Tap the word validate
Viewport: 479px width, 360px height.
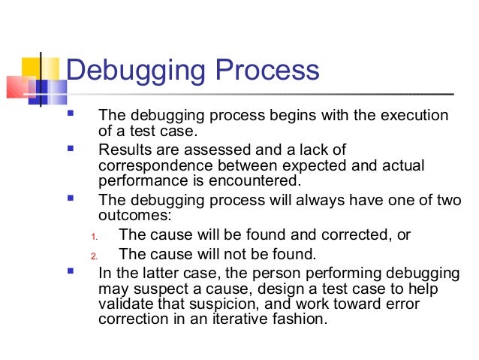(124, 304)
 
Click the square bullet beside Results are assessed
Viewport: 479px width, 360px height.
(71, 149)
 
